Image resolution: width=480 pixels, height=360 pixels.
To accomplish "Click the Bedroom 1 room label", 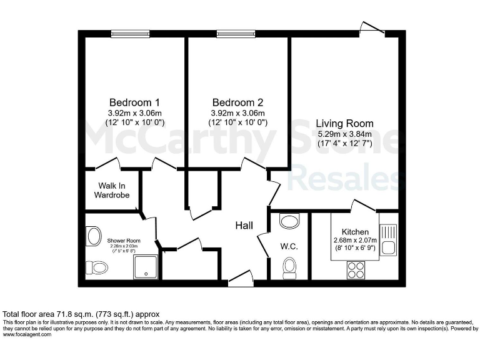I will (x=135, y=102).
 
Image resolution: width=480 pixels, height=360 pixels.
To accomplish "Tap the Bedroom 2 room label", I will (x=237, y=102).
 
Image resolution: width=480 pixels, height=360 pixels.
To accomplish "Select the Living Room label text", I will (x=344, y=123).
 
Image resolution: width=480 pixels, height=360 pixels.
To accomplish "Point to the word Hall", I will (x=244, y=225).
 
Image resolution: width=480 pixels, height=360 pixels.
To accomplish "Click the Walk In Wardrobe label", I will (x=112, y=190).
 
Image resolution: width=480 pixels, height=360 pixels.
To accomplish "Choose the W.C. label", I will (x=289, y=246).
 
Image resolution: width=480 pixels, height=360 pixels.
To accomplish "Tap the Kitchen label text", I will (x=354, y=232).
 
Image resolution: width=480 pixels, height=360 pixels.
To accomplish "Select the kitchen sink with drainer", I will (x=387, y=239).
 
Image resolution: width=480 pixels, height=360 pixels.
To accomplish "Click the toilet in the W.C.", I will (x=289, y=267).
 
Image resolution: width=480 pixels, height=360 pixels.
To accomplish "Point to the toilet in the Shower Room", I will (x=96, y=267).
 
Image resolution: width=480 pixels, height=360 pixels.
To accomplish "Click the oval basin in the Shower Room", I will (x=94, y=236).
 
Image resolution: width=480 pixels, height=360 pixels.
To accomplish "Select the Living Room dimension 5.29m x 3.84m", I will (x=344, y=134).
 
